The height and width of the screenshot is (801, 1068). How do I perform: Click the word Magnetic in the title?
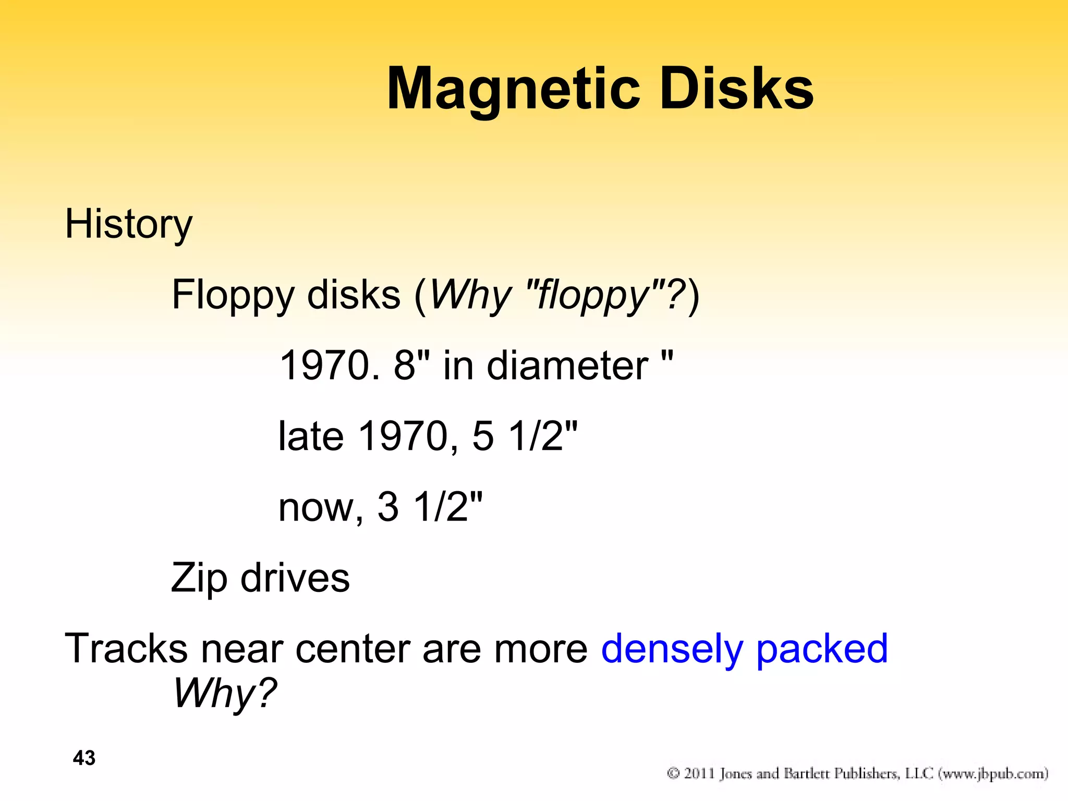click(513, 90)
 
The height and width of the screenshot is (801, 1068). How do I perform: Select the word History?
click(128, 224)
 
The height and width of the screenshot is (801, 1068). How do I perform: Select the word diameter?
click(567, 366)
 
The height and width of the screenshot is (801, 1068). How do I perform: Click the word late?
click(311, 436)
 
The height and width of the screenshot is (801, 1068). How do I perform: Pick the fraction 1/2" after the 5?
click(542, 436)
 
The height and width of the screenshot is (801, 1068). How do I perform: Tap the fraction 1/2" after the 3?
click(447, 507)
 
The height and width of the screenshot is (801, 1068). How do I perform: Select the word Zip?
click(199, 578)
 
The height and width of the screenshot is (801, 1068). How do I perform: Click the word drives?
click(295, 578)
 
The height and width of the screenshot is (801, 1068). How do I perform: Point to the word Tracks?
click(126, 649)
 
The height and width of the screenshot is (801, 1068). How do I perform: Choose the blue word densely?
click(672, 650)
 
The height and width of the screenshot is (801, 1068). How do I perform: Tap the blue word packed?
click(822, 650)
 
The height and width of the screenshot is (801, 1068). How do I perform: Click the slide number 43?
click(84, 758)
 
